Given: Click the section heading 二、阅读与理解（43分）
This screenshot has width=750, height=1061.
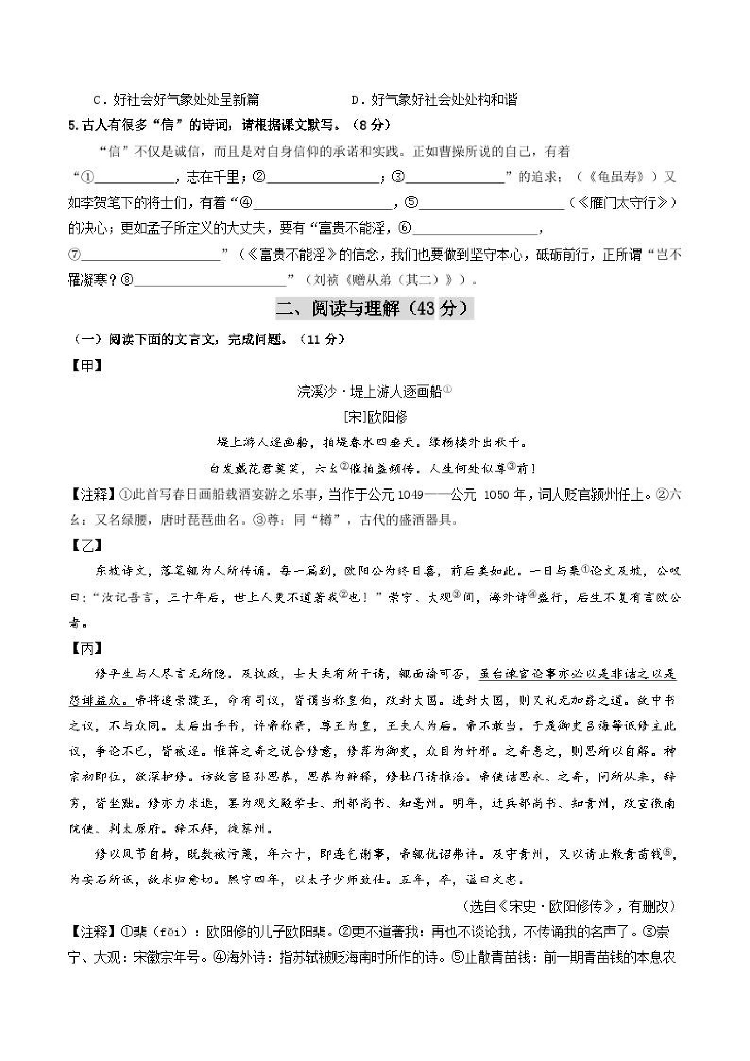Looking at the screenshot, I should pos(374,308).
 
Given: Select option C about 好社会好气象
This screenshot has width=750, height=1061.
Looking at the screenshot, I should pos(176,100).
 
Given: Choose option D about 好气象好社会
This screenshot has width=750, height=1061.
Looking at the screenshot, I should pos(434,100).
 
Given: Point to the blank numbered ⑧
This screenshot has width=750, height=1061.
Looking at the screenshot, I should pos(210,281).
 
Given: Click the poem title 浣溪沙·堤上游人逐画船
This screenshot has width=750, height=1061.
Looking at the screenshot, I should pos(370,392).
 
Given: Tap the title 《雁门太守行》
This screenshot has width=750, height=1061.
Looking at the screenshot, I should pos(624,203).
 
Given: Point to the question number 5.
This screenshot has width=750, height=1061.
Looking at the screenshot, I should pos(72,125).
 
